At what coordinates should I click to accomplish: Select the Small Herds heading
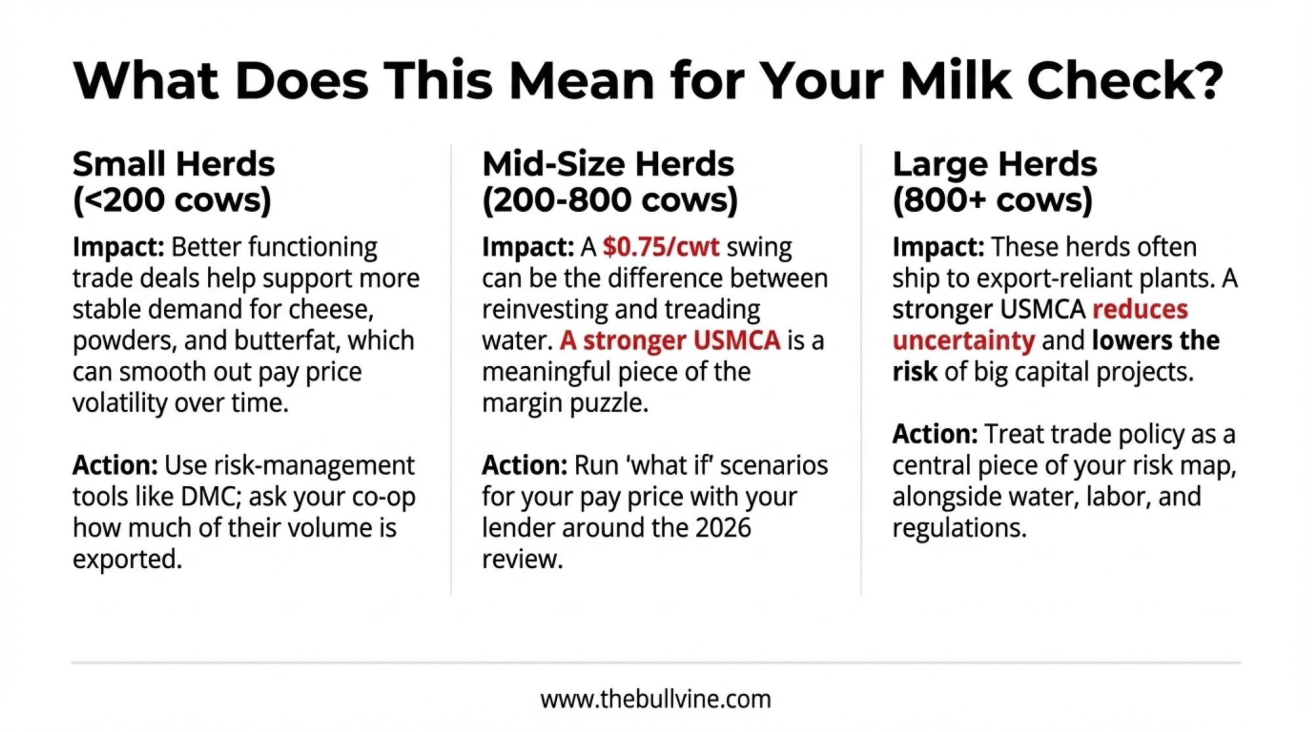click(174, 164)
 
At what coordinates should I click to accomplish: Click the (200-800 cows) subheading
click(610, 200)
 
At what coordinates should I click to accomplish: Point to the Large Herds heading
click(994, 165)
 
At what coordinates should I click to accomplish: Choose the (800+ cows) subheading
click(993, 200)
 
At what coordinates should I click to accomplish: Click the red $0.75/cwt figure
click(661, 247)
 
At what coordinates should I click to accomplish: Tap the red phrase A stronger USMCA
click(670, 340)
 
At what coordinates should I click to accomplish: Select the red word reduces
click(1140, 310)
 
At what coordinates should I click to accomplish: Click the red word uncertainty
click(964, 341)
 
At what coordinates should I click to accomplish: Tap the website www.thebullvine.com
click(656, 699)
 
